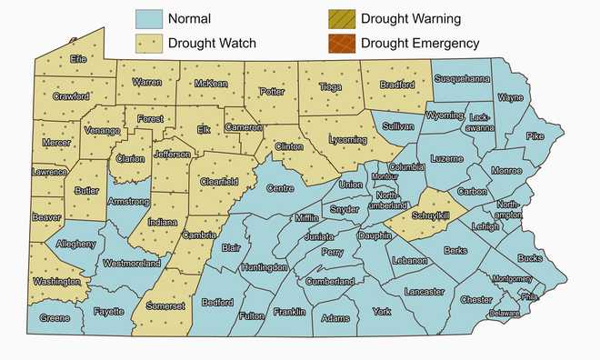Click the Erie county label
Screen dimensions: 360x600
(82, 59)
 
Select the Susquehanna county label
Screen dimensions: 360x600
(462, 79)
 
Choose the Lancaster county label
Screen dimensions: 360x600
(424, 291)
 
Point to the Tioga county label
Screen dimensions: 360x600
(330, 86)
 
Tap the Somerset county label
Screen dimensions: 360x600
(165, 308)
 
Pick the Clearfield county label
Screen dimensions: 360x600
(219, 182)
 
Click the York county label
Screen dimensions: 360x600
(381, 311)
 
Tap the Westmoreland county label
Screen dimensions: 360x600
(131, 264)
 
